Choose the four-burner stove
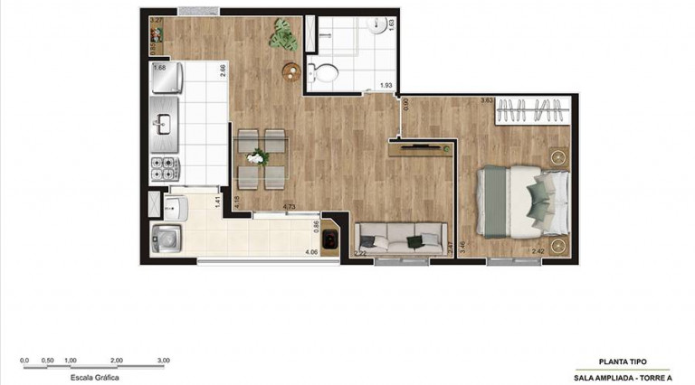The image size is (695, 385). pyautogui.click(x=165, y=168)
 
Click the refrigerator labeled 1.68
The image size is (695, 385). pyautogui.click(x=167, y=80)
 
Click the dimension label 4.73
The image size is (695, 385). pyautogui.click(x=290, y=207)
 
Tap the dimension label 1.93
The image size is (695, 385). pyautogui.click(x=386, y=86)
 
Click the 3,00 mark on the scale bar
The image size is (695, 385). pyautogui.click(x=163, y=360)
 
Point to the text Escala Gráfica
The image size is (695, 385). pyautogui.click(x=94, y=378)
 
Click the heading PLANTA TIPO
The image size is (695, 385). pyautogui.click(x=623, y=361)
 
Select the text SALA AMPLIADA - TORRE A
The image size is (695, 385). pyautogui.click(x=623, y=377)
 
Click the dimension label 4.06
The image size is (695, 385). pyautogui.click(x=311, y=252)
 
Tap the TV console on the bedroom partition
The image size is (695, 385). pyautogui.click(x=423, y=148)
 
